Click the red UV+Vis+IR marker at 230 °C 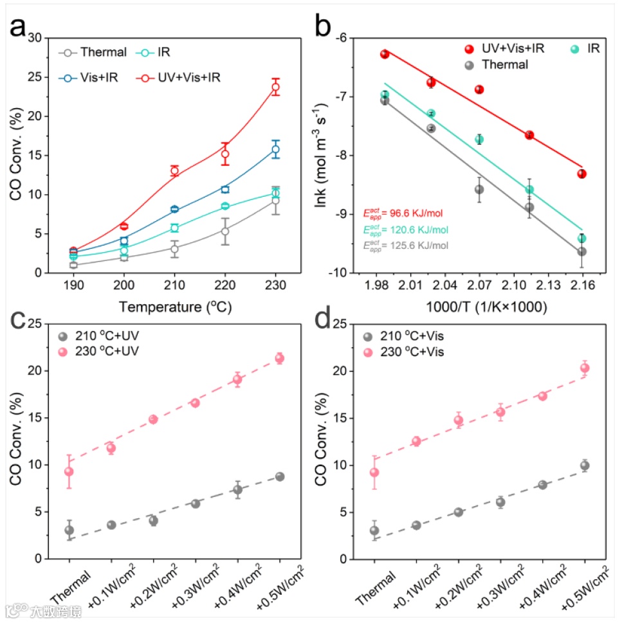point(276,87)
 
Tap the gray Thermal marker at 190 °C point(73,265)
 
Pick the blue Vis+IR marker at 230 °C point(276,149)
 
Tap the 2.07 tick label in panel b point(479,286)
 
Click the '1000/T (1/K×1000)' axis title point(480,307)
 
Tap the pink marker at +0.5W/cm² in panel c point(280,358)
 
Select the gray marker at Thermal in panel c point(69,530)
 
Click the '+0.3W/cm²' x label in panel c point(192,585)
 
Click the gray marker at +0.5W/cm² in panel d point(585,465)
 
